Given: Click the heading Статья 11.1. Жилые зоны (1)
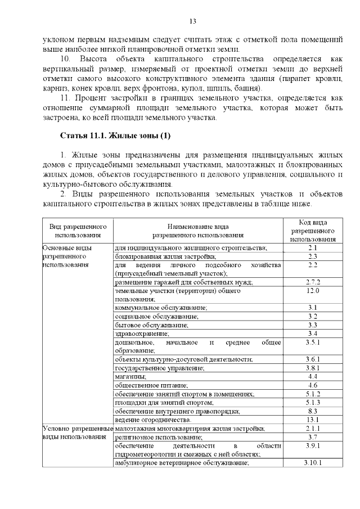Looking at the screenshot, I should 115,136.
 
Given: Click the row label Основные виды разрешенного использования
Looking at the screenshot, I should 68,256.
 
